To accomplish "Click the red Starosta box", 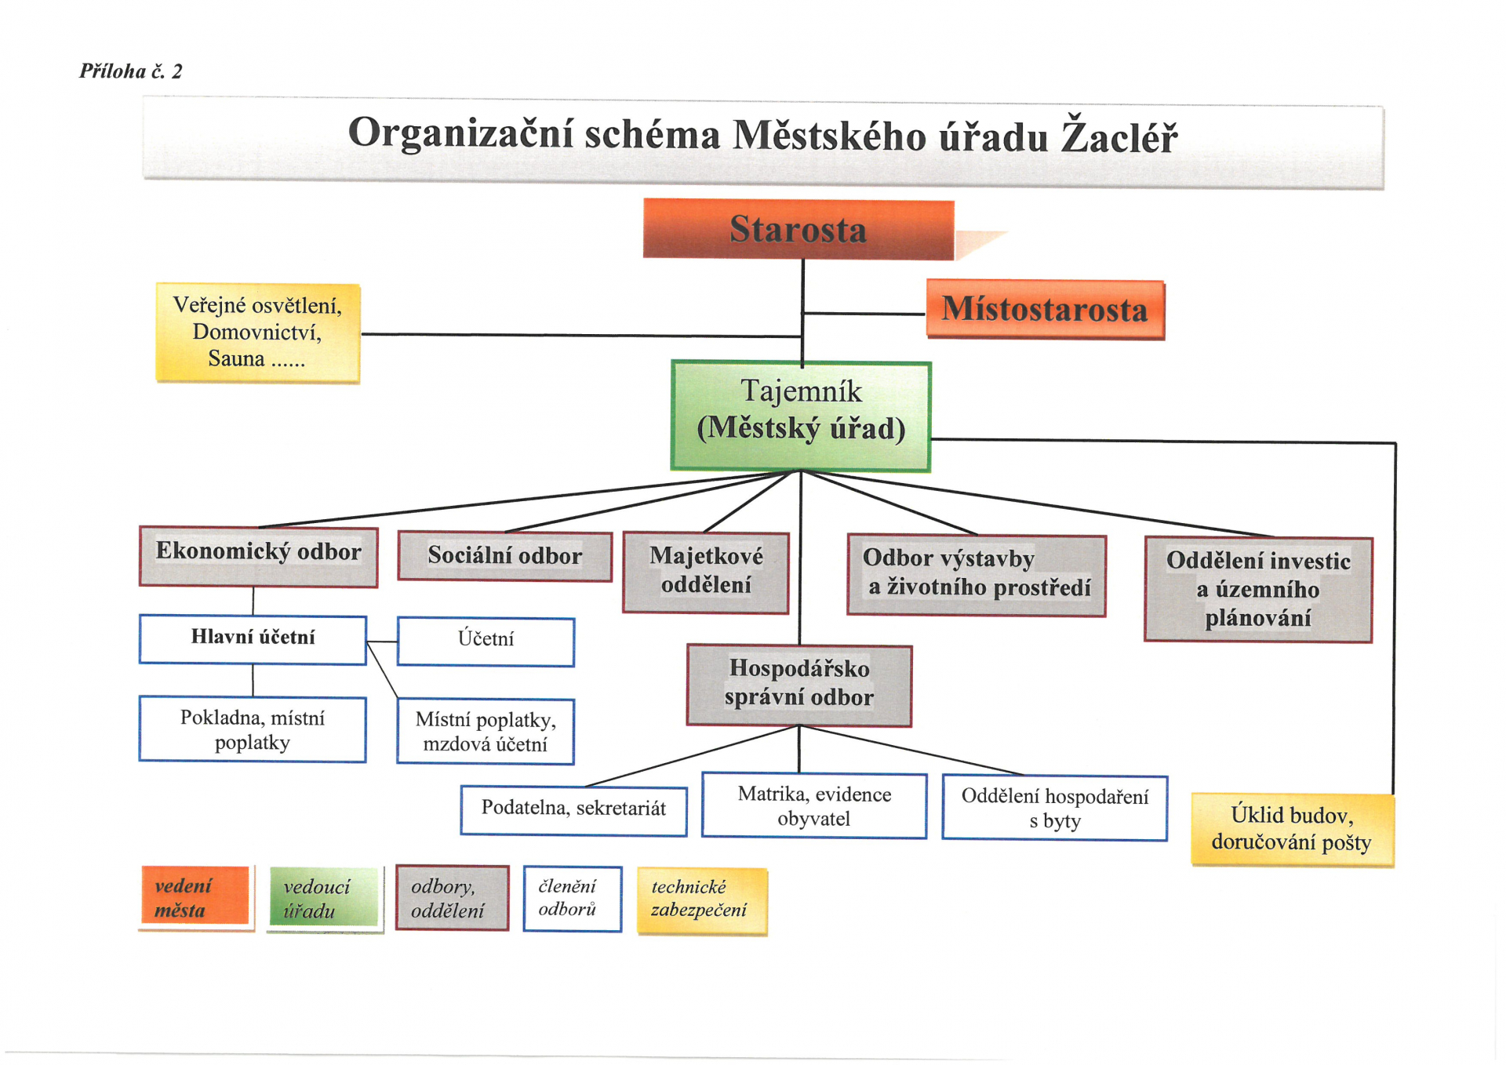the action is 798,229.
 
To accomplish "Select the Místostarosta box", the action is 1046,310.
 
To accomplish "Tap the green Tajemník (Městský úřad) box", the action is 801,416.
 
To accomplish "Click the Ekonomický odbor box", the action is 258,557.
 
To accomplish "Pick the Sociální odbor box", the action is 504,556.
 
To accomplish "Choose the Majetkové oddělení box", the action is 706,572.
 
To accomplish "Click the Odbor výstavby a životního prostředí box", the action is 977,576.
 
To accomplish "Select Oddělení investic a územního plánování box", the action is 1258,590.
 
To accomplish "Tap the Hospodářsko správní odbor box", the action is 799,685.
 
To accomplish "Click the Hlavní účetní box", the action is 253,640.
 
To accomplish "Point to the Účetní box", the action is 486,642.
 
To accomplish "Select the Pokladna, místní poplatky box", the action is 253,729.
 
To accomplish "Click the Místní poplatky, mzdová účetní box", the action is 486,732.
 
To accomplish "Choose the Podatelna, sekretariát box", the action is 573,810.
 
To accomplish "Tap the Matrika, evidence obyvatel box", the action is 814,805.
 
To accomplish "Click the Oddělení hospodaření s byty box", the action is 1055,808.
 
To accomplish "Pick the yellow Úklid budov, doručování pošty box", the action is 1293,830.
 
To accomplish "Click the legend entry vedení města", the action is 196,898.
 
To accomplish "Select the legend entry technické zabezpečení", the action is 702,901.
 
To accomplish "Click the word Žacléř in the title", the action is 1119,136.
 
